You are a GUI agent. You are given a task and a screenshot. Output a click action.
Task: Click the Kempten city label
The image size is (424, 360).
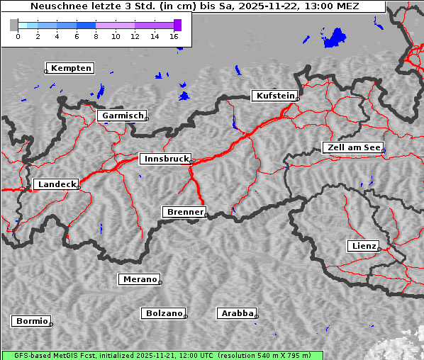coord(72,68)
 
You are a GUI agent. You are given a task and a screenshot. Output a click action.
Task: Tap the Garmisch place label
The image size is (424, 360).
coord(123,116)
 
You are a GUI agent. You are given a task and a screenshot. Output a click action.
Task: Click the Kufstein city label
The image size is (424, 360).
coord(274,96)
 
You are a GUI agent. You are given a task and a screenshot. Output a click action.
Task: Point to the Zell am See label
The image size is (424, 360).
coord(354,147)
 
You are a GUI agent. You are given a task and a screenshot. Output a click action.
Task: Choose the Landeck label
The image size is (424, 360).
coord(56,184)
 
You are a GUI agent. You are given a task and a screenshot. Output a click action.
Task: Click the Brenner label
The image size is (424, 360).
coord(184,212)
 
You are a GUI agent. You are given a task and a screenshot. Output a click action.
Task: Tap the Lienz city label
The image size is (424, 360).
coord(364,246)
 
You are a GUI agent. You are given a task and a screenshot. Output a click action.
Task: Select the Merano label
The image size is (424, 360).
coord(139,279)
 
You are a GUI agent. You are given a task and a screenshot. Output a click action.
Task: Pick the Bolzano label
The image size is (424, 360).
coord(164,313)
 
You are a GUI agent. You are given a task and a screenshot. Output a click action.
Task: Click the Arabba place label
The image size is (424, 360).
coord(237,313)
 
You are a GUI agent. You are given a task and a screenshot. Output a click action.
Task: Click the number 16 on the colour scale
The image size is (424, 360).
coord(174,36)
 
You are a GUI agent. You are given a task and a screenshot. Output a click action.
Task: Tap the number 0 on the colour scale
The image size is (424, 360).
coord(18,36)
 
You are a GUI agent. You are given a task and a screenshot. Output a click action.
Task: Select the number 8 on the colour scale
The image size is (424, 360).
coord(96,36)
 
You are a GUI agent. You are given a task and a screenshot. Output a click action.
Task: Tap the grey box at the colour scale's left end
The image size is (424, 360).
coord(14,25)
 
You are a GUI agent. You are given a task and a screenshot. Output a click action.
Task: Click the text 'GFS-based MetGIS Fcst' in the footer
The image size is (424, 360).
coord(48,355)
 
